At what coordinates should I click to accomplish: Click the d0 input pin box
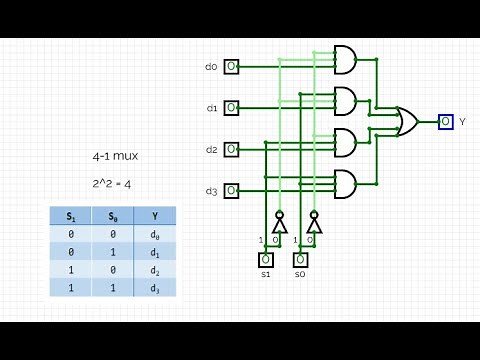(x=231, y=67)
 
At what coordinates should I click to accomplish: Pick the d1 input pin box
(x=231, y=107)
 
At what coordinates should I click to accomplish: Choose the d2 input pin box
(x=231, y=149)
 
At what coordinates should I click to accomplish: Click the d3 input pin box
(x=231, y=190)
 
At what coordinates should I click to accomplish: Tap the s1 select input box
(x=266, y=260)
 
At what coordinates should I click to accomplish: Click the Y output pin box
(x=445, y=121)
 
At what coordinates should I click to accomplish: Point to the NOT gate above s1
(x=280, y=225)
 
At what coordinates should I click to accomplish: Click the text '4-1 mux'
(x=110, y=158)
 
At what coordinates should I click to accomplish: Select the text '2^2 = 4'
(x=110, y=184)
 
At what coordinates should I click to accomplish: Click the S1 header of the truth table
(x=70, y=215)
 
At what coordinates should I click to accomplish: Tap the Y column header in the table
(x=154, y=215)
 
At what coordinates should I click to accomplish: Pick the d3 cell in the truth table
(x=154, y=287)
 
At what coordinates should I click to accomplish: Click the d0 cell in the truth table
(x=154, y=233)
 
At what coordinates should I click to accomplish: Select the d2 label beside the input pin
(x=211, y=149)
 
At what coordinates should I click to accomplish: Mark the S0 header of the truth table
(x=112, y=215)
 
